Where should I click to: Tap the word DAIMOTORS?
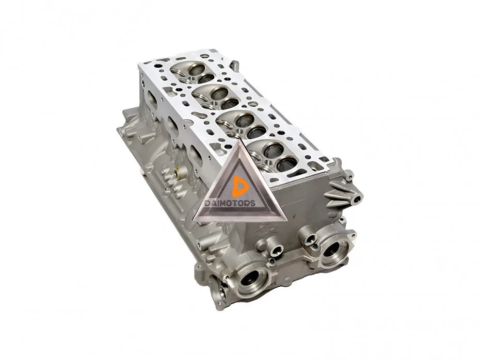pyautogui.click(x=230, y=203)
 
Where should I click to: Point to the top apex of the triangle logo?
pyautogui.click(x=239, y=140)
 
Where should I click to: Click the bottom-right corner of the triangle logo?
pyautogui.click(x=286, y=220)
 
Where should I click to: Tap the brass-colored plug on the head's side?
pyautogui.click(x=178, y=173)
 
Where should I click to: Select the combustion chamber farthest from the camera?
pyautogui.click(x=194, y=72)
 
